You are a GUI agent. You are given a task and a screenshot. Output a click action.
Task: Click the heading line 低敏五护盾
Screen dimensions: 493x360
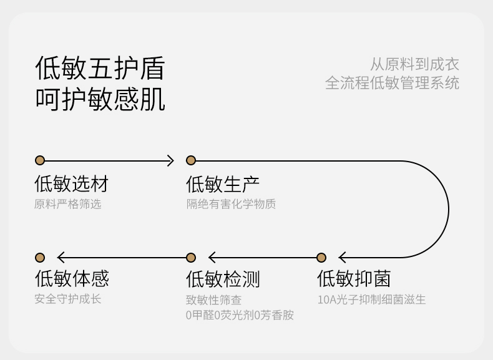[100, 68]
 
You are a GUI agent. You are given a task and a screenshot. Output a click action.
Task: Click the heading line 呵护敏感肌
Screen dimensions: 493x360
[100, 99]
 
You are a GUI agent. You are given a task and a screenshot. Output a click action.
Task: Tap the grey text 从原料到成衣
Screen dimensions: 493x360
[414, 64]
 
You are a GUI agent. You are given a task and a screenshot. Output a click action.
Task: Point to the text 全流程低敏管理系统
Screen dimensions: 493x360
[392, 83]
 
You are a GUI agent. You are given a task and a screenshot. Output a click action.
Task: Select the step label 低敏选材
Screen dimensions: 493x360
[71, 183]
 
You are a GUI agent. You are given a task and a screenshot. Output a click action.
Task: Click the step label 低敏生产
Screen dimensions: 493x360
[223, 184]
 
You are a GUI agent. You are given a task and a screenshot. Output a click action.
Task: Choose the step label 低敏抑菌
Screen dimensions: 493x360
[354, 278]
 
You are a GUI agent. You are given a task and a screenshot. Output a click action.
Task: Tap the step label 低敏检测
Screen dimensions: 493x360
[223, 279]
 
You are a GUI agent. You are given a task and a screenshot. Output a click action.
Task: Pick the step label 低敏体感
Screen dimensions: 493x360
[72, 278]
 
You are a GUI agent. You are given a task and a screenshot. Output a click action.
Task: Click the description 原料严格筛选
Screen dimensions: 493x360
[67, 204]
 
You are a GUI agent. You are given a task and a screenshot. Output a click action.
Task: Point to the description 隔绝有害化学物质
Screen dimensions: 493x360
[231, 204]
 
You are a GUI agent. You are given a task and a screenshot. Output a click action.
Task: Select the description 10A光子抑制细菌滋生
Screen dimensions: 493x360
[371, 299]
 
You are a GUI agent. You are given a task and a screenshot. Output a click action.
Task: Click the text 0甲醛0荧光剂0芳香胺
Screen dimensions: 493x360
[240, 314]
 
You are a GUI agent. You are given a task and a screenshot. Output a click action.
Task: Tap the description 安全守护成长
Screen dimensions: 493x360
[67, 299]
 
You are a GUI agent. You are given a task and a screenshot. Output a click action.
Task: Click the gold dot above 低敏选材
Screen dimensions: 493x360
[40, 160]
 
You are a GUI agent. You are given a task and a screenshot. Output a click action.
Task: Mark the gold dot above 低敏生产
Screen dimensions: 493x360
[191, 160]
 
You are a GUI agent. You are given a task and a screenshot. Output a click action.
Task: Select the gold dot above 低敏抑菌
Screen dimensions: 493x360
[321, 258]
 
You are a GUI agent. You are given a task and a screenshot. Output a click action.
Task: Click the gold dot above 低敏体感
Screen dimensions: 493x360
[40, 258]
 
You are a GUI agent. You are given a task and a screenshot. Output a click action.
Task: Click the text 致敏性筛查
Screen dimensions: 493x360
[214, 299]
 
